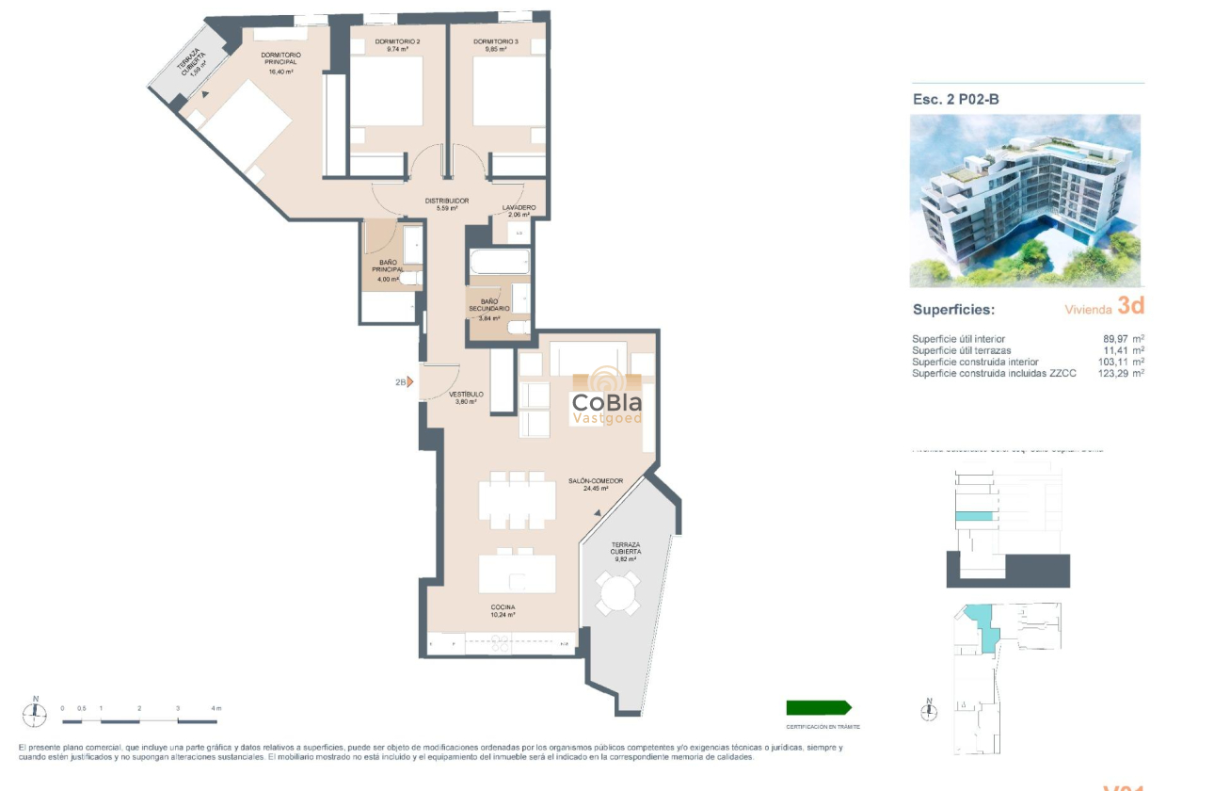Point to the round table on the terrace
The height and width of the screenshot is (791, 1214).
point(617,593)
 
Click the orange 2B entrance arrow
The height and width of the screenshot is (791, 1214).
point(410,382)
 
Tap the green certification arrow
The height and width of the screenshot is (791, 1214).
point(818,707)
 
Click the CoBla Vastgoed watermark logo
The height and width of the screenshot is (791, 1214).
point(607,398)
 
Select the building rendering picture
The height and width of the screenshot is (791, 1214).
point(1025,201)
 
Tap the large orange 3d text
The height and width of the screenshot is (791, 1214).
point(1130,306)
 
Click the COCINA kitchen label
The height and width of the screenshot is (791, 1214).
point(503,607)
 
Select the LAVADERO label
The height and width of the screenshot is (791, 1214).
point(519,207)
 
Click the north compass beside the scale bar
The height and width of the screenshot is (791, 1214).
point(36,715)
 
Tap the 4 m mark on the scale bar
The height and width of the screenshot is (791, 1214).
point(216,708)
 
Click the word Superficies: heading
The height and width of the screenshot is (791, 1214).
point(953,310)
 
